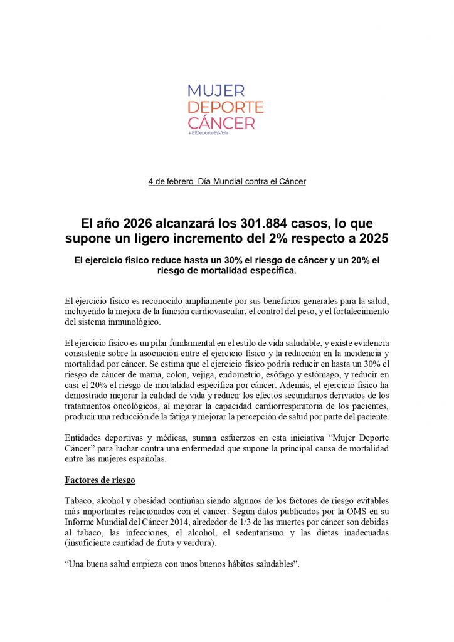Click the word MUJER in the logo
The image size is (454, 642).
(x=217, y=92)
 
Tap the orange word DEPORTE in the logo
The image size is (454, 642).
(x=226, y=107)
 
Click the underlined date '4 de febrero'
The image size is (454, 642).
(x=171, y=182)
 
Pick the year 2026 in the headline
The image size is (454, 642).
(x=140, y=223)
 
